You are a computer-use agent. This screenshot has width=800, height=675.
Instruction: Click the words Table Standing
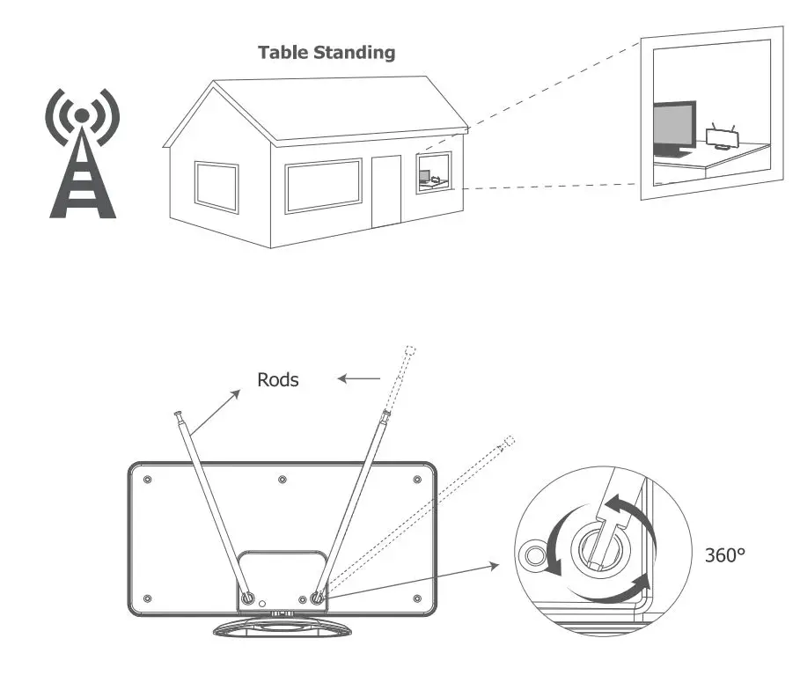coord(327,52)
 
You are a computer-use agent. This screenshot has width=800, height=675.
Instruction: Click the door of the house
coord(385,191)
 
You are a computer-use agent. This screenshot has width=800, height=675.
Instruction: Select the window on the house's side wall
coord(216,187)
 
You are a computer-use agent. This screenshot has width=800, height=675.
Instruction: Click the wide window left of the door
coord(323,185)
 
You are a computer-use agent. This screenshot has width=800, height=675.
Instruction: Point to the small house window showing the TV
coord(433,172)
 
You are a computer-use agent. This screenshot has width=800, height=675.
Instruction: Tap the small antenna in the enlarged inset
coord(722,136)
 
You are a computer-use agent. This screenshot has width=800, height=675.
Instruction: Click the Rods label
coord(277,380)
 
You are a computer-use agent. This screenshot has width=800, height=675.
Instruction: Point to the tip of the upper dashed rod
coord(410,350)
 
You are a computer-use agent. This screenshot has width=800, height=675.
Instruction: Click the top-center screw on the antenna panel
coord(282,480)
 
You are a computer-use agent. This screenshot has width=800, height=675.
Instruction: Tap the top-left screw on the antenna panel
coord(147,480)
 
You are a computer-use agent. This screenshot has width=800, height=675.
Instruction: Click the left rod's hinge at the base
coord(248,598)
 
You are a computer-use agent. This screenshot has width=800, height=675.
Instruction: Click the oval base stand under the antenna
coord(282,627)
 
